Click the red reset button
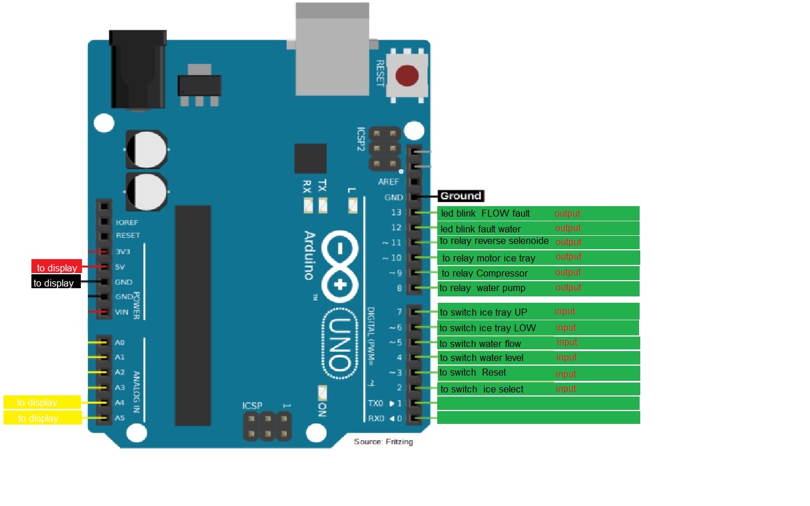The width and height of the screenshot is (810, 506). tap(406, 76)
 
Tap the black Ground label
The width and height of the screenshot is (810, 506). tap(461, 196)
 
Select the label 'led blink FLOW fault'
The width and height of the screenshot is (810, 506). tap(486, 214)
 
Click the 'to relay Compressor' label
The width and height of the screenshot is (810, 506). tap(484, 273)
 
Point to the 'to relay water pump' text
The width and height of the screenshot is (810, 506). tap(482, 288)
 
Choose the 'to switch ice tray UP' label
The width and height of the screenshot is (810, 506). tap(483, 312)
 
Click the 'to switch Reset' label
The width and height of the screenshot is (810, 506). tap(472, 373)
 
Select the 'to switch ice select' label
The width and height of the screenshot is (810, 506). tap(481, 389)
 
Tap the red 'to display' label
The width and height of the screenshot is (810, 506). tap(56, 268)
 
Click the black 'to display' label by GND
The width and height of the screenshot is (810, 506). tap(53, 283)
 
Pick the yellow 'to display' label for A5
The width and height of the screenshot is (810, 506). tap(38, 418)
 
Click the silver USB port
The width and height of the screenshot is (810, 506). tap(332, 49)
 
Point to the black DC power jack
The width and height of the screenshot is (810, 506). tap(138, 70)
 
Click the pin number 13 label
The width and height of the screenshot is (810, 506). tap(396, 213)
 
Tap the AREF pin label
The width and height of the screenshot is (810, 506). tap(388, 182)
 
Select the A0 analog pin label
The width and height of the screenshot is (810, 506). tap(120, 342)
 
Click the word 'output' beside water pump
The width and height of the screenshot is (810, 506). tap(568, 288)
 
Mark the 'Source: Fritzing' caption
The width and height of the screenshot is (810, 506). tap(383, 441)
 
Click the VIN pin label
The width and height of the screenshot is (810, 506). tap(122, 312)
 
